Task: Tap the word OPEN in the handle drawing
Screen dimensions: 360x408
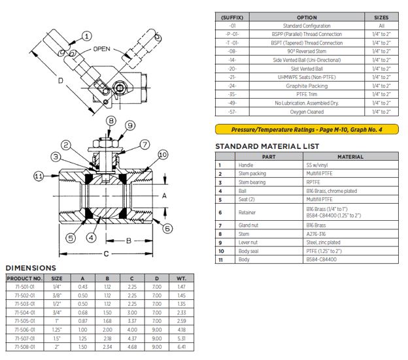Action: tap(103, 50)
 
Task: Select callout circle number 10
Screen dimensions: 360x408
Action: tap(162, 154)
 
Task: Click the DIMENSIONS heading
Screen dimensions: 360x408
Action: tap(31, 268)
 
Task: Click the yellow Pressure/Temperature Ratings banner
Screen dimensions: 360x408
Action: tap(307, 129)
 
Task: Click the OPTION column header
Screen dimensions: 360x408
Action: tap(307, 18)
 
